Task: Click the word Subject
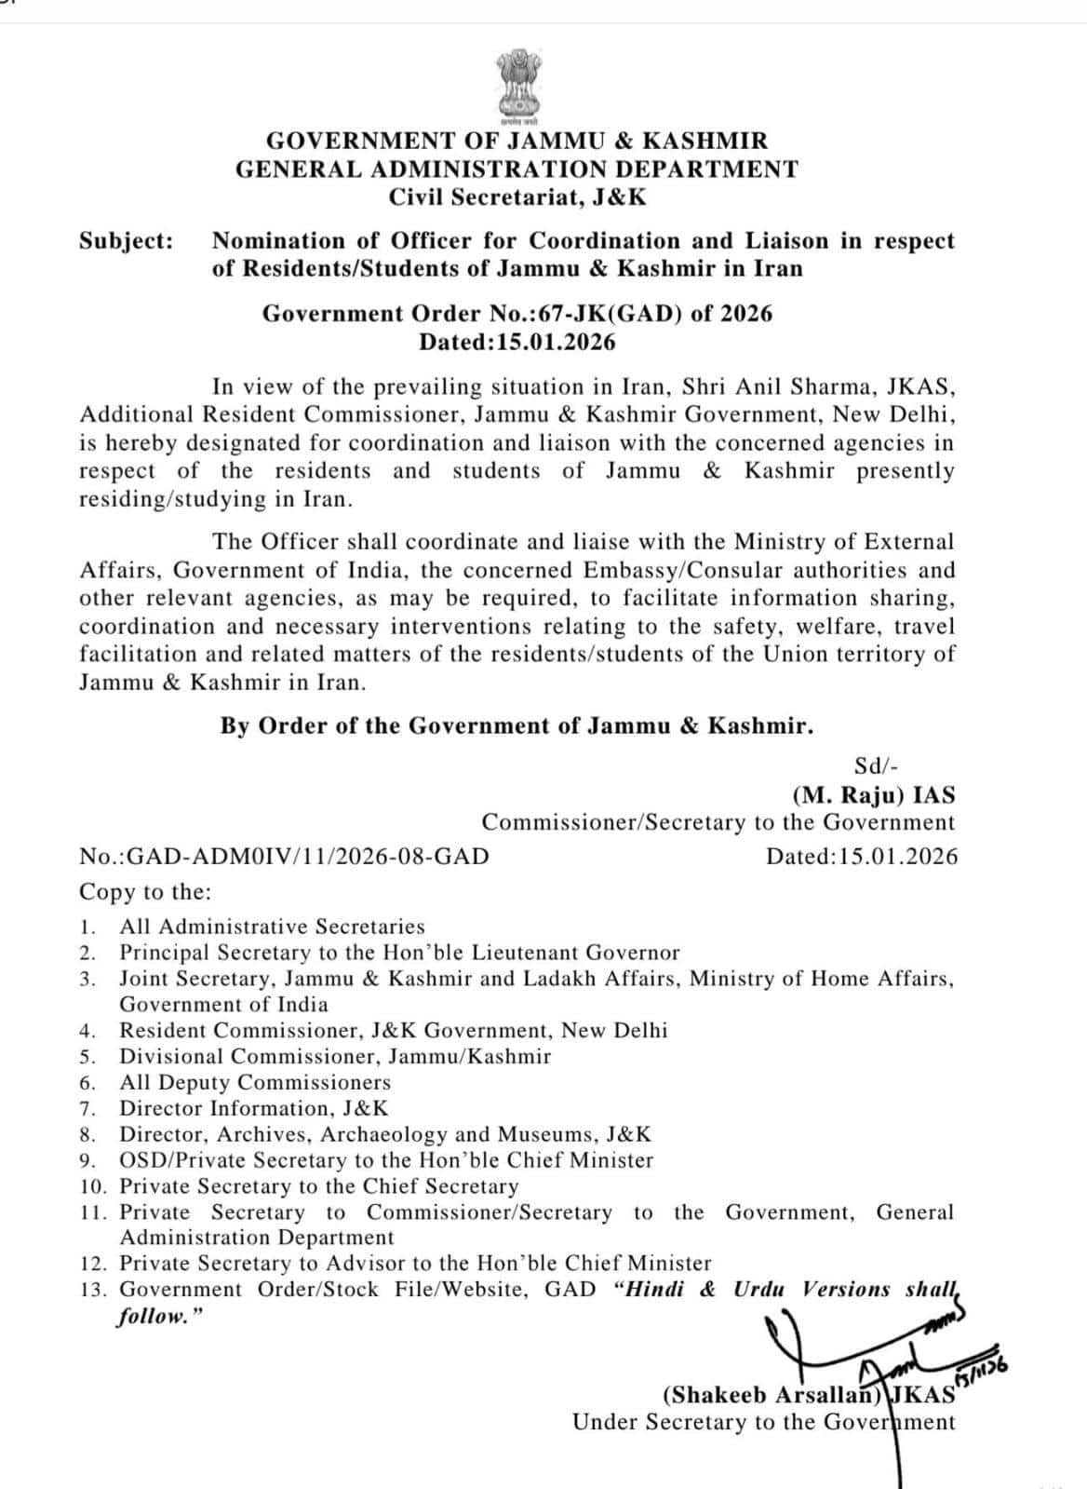(126, 241)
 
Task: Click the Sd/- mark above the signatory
(876, 766)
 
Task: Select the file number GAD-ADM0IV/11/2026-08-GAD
(307, 857)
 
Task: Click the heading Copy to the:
(145, 892)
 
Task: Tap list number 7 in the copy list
(88, 1109)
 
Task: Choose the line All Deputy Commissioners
(255, 1083)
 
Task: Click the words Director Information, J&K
(254, 1109)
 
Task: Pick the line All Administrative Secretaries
(272, 927)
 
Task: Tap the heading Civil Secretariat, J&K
(517, 197)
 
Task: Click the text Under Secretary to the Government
(763, 1423)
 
